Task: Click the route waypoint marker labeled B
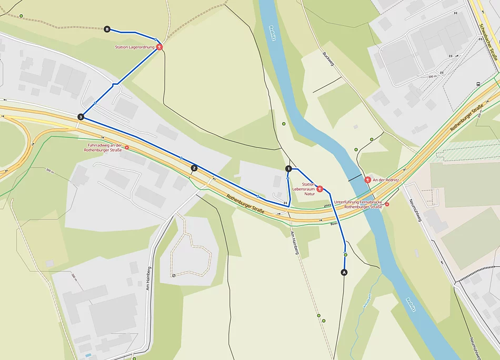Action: point(107,29)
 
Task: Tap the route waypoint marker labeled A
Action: point(345,272)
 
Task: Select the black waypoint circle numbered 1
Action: point(288,168)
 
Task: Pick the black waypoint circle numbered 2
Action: point(194,168)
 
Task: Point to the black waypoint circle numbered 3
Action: point(81,117)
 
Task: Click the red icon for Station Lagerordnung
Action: point(159,47)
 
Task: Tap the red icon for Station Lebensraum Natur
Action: point(319,188)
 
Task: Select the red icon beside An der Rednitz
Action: point(367,179)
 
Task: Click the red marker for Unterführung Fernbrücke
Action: point(387,204)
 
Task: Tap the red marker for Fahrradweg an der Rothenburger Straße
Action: point(126,148)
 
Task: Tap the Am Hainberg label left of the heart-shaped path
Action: point(149,278)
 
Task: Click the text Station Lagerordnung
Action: point(135,47)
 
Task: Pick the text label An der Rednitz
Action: point(386,180)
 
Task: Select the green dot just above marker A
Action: point(346,255)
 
